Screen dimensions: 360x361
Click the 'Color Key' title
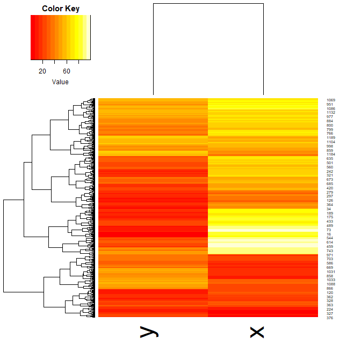click(60, 9)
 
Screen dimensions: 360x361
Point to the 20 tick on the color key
click(42, 71)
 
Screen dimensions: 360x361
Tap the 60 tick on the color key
click(67, 71)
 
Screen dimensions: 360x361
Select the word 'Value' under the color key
click(60, 82)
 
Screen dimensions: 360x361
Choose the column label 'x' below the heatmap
click(257, 333)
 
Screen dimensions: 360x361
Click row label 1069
click(331, 100)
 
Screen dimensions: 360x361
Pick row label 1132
click(331, 113)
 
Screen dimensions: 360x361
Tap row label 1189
click(331, 138)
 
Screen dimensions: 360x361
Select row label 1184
click(331, 155)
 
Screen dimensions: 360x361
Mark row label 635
click(330, 159)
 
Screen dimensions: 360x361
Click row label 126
click(330, 201)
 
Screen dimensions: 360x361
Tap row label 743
click(330, 251)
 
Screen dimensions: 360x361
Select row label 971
click(330, 255)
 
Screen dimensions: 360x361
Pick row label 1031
click(331, 272)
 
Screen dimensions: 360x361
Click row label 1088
click(331, 284)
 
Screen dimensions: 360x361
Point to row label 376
click(330, 318)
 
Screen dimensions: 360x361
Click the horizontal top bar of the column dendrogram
click(208, 4)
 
